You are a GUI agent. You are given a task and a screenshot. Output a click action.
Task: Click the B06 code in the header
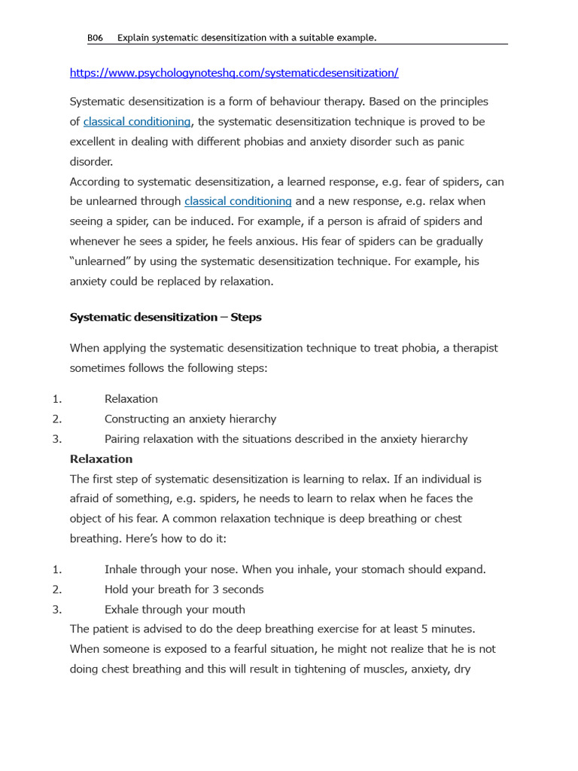(x=95, y=38)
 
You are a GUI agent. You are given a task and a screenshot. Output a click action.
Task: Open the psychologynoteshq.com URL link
(x=234, y=73)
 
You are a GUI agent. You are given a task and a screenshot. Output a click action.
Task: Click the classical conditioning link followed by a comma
(x=136, y=121)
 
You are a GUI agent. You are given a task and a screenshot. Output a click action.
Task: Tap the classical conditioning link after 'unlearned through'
(x=238, y=201)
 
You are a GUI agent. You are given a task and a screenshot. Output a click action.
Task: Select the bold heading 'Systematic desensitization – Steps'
(x=166, y=317)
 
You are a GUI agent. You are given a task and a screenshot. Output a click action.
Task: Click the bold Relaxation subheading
(x=101, y=459)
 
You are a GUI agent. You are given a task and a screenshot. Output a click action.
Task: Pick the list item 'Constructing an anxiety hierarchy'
(x=190, y=419)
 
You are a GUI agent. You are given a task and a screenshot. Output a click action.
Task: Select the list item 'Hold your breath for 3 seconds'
(x=184, y=590)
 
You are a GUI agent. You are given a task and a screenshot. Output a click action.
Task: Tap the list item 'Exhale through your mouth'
(x=175, y=609)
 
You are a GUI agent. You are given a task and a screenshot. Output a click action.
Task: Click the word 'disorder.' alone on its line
(x=91, y=161)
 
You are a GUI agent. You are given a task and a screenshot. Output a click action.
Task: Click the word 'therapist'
(x=475, y=348)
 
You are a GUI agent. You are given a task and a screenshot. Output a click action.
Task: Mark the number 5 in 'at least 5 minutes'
(x=424, y=629)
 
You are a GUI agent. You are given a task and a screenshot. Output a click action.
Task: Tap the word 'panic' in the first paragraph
(x=449, y=142)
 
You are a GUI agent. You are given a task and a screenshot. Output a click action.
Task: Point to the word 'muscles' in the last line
(x=361, y=669)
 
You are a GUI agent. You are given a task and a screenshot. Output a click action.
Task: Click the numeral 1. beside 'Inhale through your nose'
(x=57, y=569)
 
